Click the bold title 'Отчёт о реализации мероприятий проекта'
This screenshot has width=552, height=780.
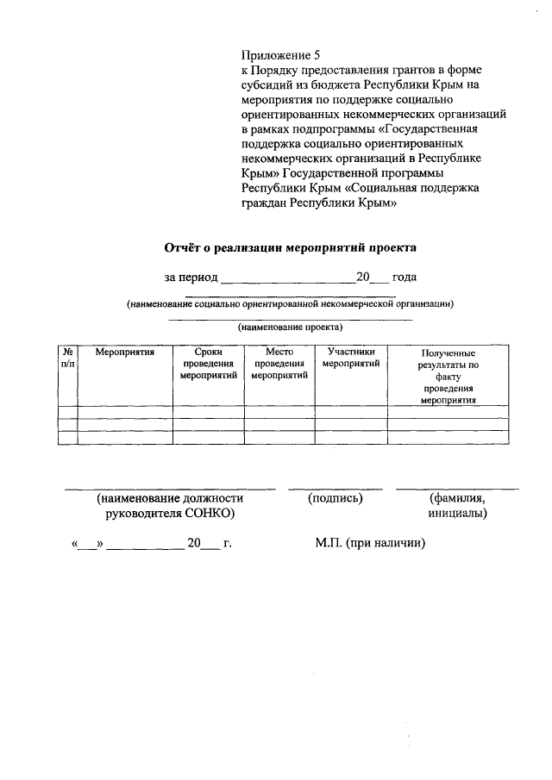point(290,247)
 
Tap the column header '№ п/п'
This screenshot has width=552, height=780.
point(66,359)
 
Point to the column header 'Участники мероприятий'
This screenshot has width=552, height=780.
point(350,358)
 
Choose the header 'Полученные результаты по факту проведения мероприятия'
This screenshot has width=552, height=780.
point(448,377)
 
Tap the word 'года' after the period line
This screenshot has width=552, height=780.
point(404,278)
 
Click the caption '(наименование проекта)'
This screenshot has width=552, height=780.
point(290,328)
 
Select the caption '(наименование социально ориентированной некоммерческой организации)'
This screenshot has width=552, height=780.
point(290,303)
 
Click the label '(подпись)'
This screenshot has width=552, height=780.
point(335,498)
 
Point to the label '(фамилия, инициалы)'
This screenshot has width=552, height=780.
point(457,506)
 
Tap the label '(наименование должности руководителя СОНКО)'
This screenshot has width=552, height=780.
point(169,506)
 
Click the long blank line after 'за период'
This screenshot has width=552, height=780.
point(288,283)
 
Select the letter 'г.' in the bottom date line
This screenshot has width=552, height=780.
point(228,544)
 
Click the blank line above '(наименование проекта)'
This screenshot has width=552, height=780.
point(290,320)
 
